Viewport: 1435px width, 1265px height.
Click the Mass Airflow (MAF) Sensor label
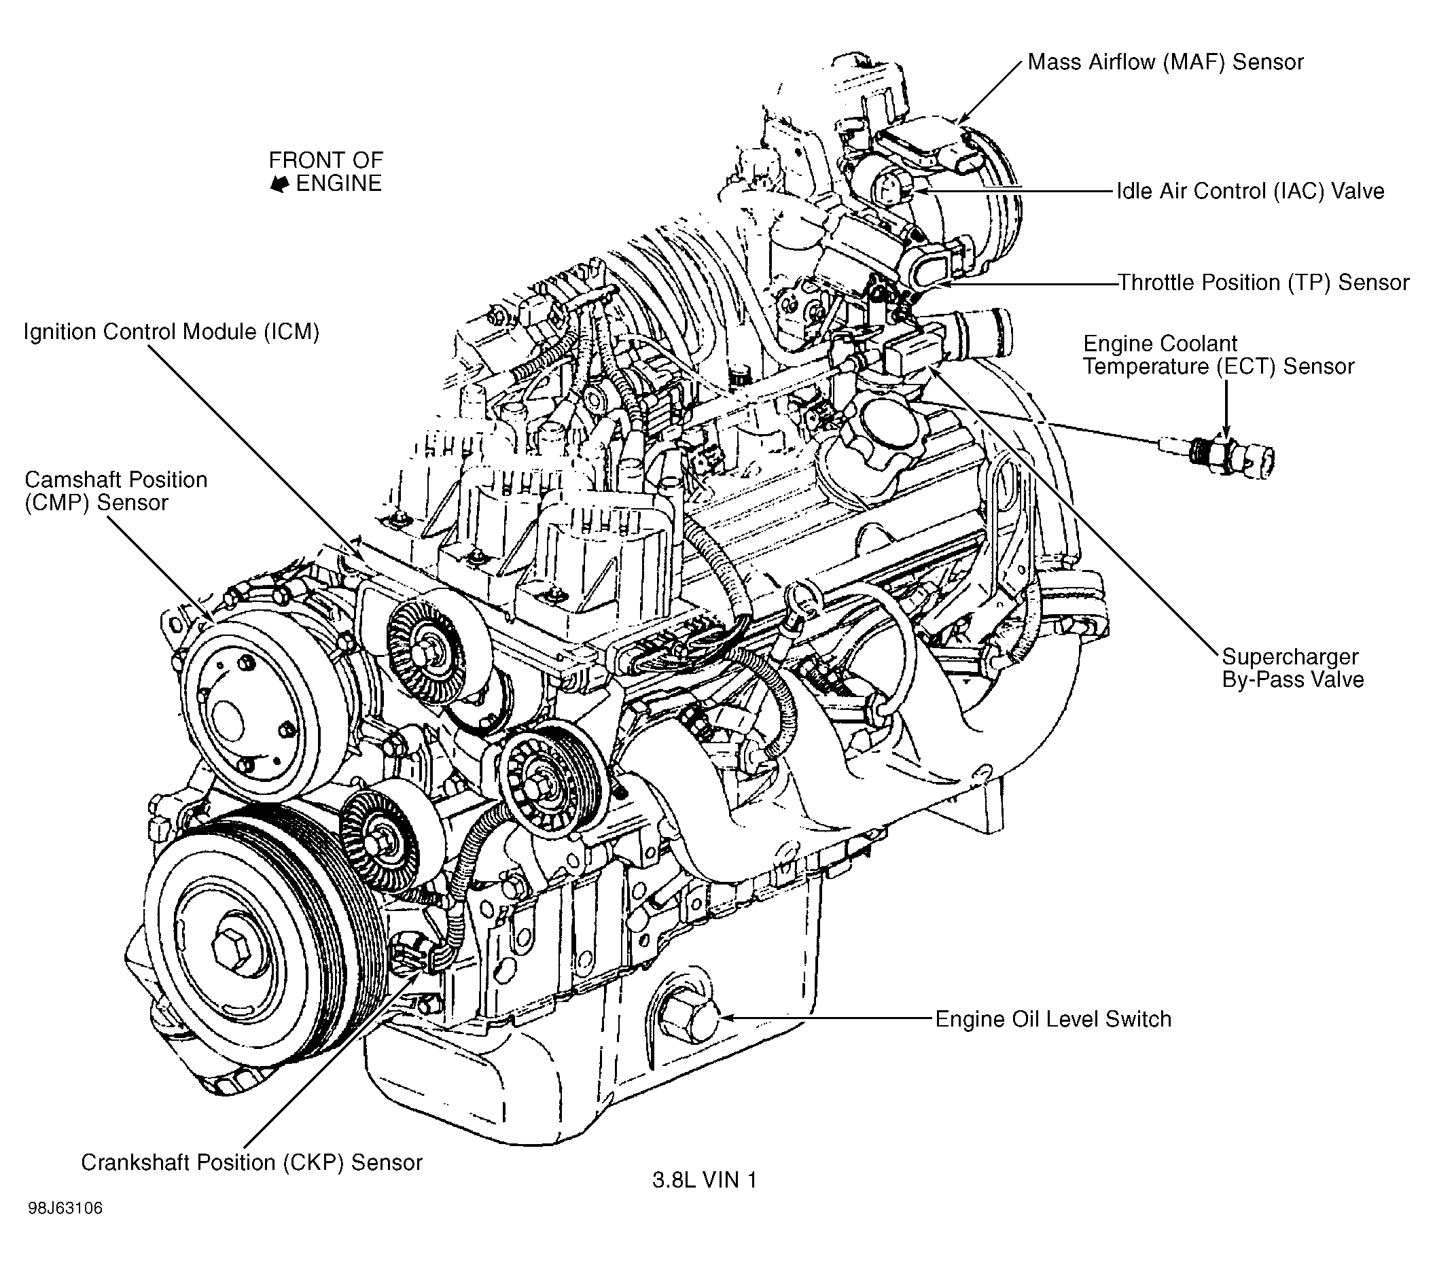point(1165,63)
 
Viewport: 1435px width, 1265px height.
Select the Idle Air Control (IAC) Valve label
point(1250,191)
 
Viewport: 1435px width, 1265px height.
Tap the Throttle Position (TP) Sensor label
point(1263,282)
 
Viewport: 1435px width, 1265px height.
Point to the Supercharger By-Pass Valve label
point(1292,668)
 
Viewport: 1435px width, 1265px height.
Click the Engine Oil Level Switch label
point(1053,1018)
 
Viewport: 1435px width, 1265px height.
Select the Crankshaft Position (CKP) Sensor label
point(251,1162)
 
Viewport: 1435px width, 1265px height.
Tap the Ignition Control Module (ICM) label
point(171,332)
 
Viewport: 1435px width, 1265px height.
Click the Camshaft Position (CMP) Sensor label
point(116,491)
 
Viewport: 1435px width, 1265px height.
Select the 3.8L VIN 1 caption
point(704,1180)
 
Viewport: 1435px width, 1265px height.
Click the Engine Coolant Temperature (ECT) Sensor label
point(1218,355)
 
